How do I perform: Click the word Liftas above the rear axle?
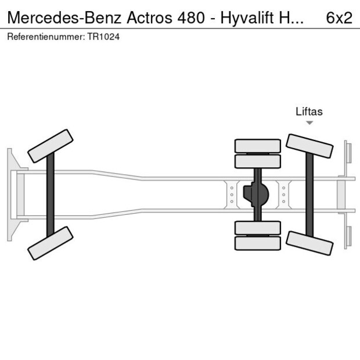pyautogui.click(x=309, y=111)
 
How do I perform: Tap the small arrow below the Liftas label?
pyautogui.click(x=309, y=123)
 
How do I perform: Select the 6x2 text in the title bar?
pyautogui.click(x=339, y=18)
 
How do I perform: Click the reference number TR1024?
pyautogui.click(x=105, y=37)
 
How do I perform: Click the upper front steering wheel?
pyautogui.click(x=51, y=146)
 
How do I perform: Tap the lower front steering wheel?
pyautogui.click(x=51, y=243)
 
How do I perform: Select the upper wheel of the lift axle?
pyautogui.click(x=309, y=146)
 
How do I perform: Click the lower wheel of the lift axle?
pyautogui.click(x=309, y=243)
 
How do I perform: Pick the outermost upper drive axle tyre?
pyautogui.click(x=257, y=145)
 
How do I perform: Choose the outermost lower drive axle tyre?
pyautogui.click(x=257, y=243)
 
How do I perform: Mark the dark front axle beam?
pyautogui.click(x=51, y=195)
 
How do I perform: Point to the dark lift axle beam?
pyautogui.click(x=309, y=195)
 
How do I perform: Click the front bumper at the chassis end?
pyautogui.click(x=10, y=195)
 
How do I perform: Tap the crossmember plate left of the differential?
pyautogui.click(x=232, y=195)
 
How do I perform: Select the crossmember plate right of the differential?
pyautogui.click(x=283, y=195)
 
